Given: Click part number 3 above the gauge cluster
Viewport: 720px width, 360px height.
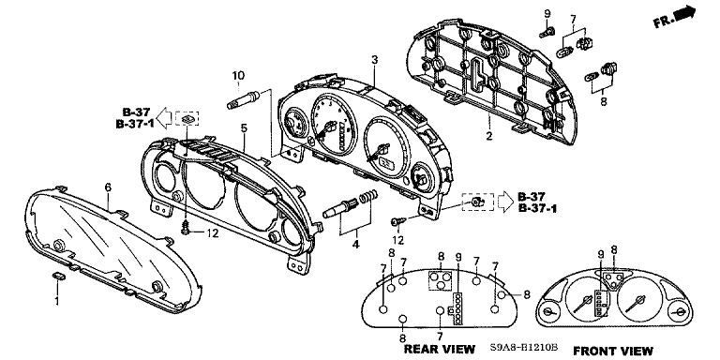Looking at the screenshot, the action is tap(375, 60).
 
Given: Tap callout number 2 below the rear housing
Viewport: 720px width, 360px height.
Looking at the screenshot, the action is tap(489, 135).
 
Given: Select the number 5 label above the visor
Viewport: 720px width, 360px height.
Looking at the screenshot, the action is tap(244, 127).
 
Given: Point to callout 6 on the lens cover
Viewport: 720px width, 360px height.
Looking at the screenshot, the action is tap(108, 187).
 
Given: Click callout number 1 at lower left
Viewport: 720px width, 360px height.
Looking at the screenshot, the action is tap(57, 302).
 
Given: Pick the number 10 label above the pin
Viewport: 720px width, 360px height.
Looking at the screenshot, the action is tap(238, 75).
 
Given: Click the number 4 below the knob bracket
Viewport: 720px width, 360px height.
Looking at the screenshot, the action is tap(355, 245).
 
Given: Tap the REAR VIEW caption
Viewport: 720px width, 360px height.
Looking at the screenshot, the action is tap(439, 350).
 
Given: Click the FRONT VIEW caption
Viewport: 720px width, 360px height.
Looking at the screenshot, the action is tap(613, 351).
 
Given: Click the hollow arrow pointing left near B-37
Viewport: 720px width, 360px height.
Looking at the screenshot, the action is tap(164, 119).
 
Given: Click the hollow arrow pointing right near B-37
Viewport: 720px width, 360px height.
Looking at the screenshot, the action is tap(505, 202).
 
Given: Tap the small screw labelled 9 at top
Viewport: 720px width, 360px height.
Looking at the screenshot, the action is tap(547, 32).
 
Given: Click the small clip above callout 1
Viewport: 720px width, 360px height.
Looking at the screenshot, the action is tap(58, 276).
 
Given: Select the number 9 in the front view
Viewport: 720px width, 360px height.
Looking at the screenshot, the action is tap(600, 254).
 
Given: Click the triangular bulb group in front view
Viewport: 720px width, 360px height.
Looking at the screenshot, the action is tap(613, 279).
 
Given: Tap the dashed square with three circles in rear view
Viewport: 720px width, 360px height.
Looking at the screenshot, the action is tap(440, 280).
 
